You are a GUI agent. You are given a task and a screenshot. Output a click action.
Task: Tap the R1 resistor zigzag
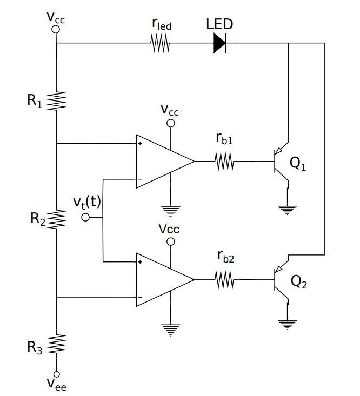[x=57, y=100]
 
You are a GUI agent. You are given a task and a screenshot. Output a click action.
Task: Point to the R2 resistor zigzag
[x=57, y=219]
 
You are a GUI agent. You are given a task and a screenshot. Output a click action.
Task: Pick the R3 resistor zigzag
[x=57, y=344]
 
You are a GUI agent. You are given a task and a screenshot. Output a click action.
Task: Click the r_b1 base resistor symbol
[x=224, y=162]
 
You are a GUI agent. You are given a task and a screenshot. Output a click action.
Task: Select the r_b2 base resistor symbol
[x=224, y=280]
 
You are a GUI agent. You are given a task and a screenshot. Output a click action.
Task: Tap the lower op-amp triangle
[x=162, y=280]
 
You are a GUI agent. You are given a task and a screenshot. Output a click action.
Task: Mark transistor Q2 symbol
[x=282, y=280]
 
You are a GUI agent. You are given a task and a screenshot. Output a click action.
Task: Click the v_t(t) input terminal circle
[x=85, y=217]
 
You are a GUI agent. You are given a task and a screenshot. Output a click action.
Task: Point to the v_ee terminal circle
[x=57, y=374]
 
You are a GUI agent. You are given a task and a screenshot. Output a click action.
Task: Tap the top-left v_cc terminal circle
[x=56, y=26]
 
